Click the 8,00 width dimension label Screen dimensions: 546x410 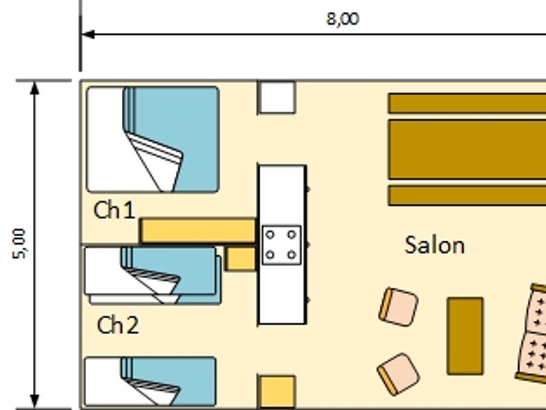(x=343, y=19)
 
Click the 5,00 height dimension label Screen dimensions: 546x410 (x=19, y=244)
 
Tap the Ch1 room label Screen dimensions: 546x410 (x=114, y=210)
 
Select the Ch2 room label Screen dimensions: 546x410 (x=118, y=325)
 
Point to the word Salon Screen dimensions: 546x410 (x=434, y=245)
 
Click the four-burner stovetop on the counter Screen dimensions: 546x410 (x=281, y=245)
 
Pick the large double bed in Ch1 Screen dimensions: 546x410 (x=153, y=140)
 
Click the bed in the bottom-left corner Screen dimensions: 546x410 (x=150, y=382)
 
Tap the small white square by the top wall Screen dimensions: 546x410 (x=277, y=97)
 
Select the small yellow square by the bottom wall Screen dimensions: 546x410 (x=277, y=391)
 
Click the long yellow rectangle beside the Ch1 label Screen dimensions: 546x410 (x=198, y=230)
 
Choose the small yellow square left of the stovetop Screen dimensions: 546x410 (x=240, y=259)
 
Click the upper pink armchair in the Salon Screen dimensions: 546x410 (x=399, y=307)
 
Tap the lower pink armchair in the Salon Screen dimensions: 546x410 (x=399, y=374)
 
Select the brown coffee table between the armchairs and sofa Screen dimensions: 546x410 (x=465, y=336)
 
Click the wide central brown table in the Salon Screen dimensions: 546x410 (x=467, y=149)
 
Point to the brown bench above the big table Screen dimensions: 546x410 (x=467, y=103)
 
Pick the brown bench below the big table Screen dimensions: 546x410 (x=467, y=196)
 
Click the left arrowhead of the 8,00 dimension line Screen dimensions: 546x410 (x=87, y=35)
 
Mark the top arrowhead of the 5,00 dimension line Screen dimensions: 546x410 (x=35, y=88)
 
